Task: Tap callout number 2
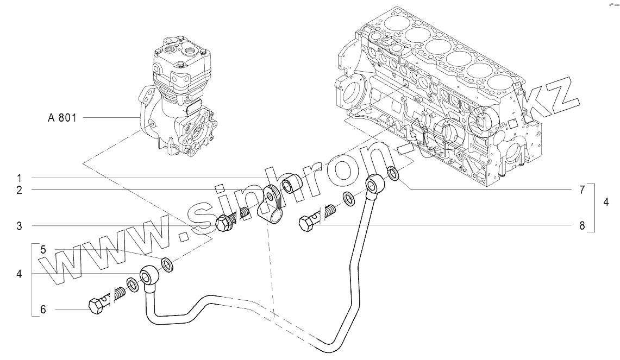[x=18, y=190]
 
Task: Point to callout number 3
[x=18, y=225]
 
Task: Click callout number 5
[x=43, y=250]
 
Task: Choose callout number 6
[x=43, y=310]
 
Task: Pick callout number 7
[x=581, y=190]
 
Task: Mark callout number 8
[x=581, y=225]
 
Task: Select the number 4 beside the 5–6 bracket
[x=18, y=274]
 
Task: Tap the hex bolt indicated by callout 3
[x=224, y=223]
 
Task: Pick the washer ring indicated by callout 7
[x=392, y=174]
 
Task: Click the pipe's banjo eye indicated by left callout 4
[x=148, y=276]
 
